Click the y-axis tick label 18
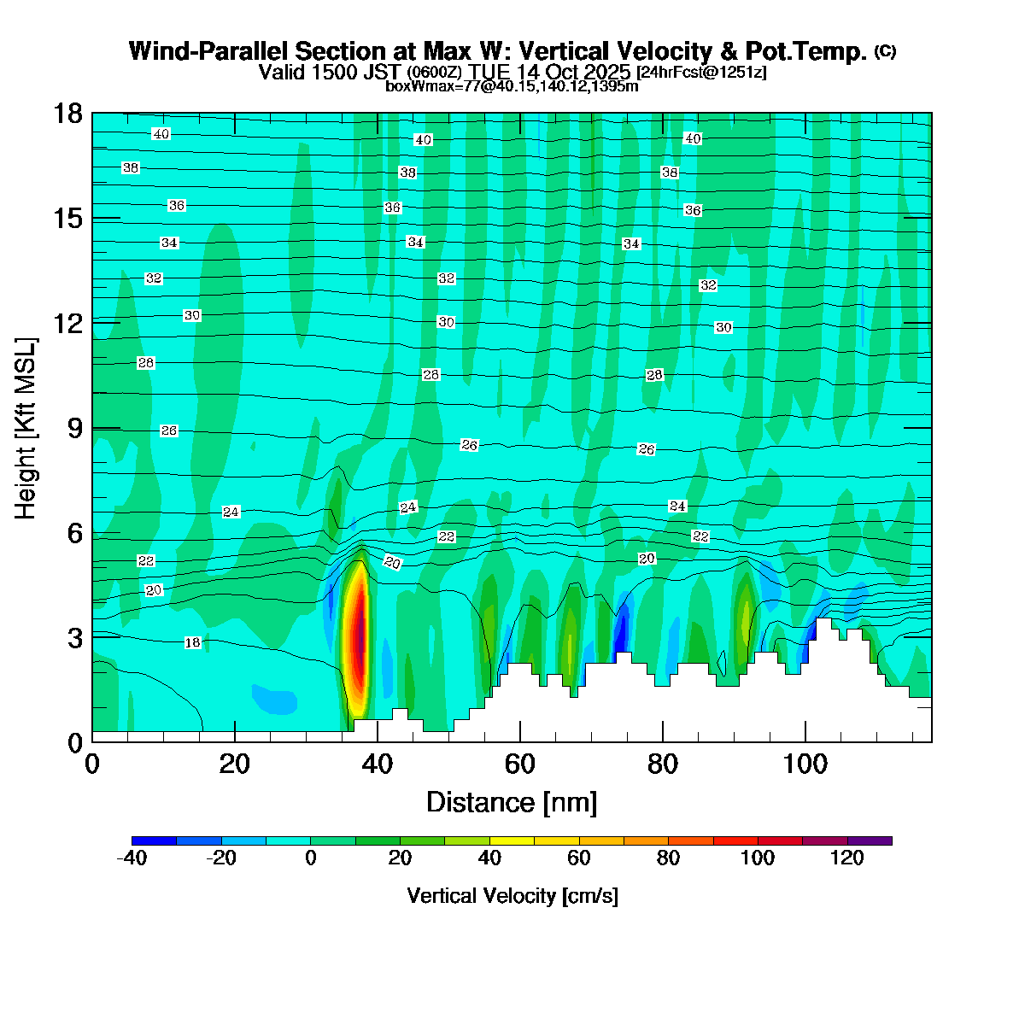[67, 114]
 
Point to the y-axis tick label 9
[74, 428]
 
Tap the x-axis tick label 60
[519, 764]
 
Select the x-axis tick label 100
[805, 764]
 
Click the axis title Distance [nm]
[512, 803]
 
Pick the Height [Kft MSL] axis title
[26, 428]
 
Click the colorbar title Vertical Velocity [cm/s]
[512, 896]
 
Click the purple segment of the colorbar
[870, 841]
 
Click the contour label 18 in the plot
[193, 642]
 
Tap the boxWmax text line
[512, 86]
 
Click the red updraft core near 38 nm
[360, 632]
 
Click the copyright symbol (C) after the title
[885, 51]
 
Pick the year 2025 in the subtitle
[606, 72]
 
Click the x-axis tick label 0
[92, 764]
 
